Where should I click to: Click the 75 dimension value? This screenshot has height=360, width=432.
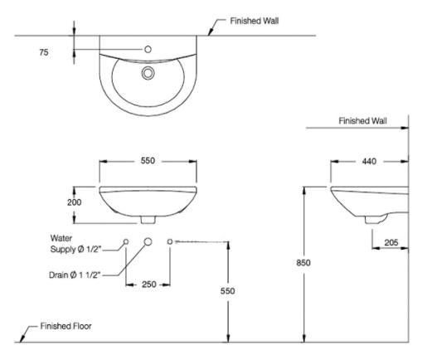44,52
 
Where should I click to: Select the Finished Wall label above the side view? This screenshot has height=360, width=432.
362,121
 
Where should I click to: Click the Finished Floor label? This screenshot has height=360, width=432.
66,326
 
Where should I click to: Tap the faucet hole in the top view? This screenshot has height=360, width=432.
148,50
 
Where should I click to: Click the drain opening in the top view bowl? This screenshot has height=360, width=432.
148,74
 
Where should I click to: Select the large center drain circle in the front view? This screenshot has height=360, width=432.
148,241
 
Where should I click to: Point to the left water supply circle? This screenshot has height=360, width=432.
126,241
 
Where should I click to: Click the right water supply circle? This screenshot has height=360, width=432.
170,241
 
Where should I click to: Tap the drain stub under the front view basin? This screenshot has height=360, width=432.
148,221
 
